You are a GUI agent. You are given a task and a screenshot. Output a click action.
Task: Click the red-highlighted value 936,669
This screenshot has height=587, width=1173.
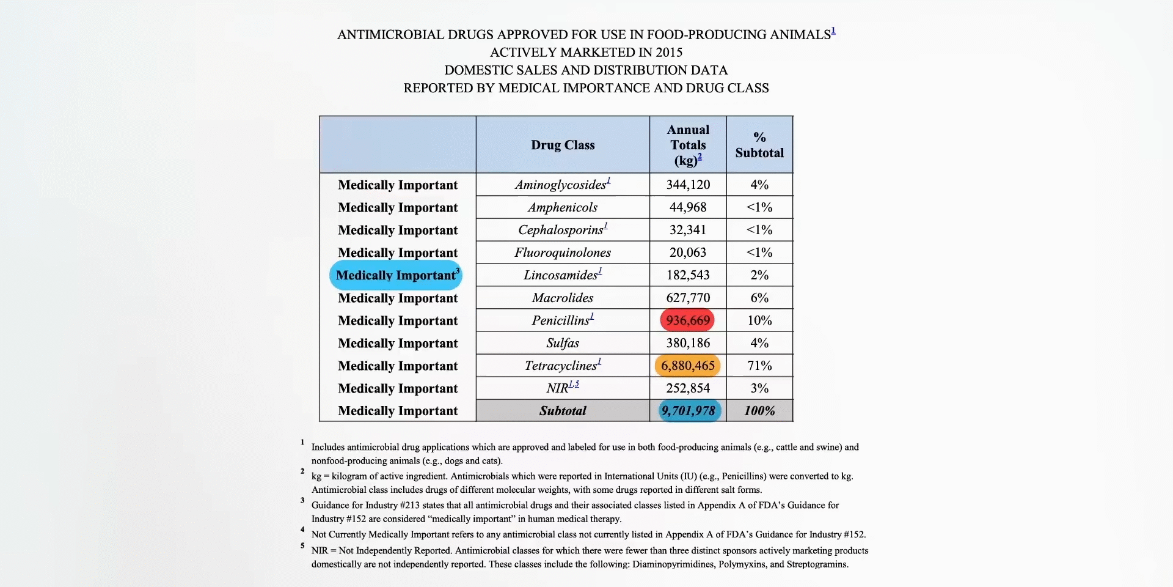tap(688, 320)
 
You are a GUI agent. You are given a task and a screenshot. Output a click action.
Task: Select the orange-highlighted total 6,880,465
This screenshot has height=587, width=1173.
tap(688, 366)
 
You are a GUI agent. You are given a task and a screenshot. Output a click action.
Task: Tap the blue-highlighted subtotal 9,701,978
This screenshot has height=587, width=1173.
tap(689, 411)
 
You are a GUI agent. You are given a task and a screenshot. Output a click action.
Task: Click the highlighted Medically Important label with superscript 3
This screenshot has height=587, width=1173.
tap(396, 275)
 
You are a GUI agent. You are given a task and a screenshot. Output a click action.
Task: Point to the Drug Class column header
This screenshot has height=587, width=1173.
tap(563, 145)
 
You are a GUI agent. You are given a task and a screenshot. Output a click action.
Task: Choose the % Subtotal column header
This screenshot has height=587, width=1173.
tap(759, 145)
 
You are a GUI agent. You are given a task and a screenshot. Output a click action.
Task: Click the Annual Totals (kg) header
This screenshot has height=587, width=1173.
tap(688, 145)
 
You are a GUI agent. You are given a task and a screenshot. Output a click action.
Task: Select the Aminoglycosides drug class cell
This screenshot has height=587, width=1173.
tap(562, 185)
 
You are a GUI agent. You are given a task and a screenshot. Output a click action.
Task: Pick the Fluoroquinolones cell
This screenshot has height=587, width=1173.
tap(563, 253)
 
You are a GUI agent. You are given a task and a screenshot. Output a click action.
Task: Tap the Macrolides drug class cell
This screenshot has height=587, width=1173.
tap(563, 298)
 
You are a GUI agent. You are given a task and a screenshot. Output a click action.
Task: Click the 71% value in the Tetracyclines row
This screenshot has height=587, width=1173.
tap(759, 366)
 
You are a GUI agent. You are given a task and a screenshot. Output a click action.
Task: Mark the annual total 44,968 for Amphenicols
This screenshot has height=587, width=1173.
tap(688, 207)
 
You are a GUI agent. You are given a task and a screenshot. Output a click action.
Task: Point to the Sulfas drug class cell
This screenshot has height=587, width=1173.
tap(563, 343)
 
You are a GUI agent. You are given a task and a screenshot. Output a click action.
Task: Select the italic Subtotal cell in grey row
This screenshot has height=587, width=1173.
tap(563, 411)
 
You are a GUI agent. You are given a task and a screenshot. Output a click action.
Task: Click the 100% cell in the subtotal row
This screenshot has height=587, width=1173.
tap(759, 411)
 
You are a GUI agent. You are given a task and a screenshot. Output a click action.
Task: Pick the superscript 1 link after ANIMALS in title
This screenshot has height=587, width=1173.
tap(833, 31)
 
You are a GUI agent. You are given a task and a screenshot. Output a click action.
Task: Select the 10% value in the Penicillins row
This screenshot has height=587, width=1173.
tap(759, 320)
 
